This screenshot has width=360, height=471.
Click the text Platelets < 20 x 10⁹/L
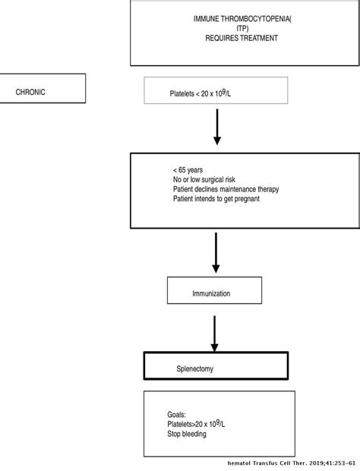point(206,94)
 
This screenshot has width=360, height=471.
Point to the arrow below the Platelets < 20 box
point(217,128)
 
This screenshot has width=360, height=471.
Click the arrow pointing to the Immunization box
point(217,255)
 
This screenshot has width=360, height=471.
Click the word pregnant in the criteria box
point(264,199)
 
